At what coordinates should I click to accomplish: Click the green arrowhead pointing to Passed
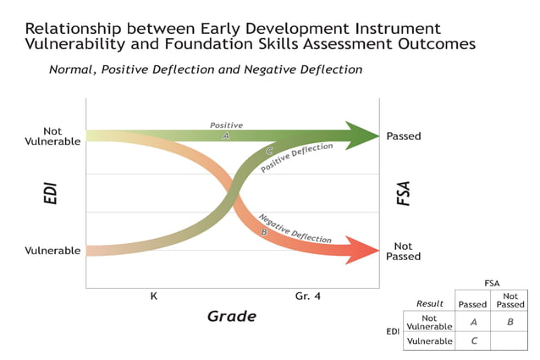pos(362,135)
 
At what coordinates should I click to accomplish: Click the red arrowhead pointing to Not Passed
pos(361,251)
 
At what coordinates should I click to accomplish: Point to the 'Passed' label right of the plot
pos(404,136)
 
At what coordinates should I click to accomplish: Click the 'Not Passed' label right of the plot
pos(404,251)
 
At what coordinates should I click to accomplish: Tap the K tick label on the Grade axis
pos(153,296)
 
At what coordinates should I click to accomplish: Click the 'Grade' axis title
pos(231,316)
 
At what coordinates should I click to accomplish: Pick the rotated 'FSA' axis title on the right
pos(404,193)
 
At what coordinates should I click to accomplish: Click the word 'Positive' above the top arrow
pos(226,125)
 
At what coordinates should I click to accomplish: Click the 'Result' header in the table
pos(430,303)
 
